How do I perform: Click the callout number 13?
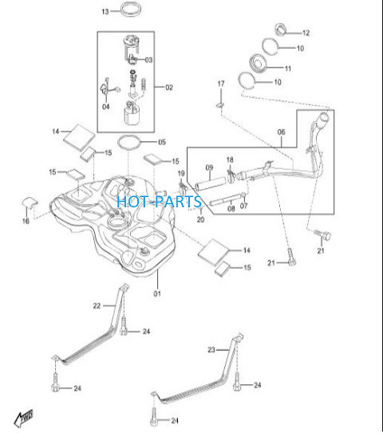[105, 12]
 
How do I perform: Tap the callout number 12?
[306, 33]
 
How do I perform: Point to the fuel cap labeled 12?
[281, 30]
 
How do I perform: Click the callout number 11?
[288, 69]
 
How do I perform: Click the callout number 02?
[169, 88]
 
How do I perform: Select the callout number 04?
[106, 107]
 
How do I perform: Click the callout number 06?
[281, 132]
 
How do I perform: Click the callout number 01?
[157, 293]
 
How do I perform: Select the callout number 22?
[97, 306]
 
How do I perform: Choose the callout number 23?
[211, 350]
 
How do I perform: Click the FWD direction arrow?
[24, 418]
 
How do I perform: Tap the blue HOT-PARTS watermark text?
[159, 201]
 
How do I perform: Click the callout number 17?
[221, 84]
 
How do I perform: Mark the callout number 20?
[200, 219]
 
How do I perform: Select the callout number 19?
[181, 173]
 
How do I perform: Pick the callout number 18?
[230, 159]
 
